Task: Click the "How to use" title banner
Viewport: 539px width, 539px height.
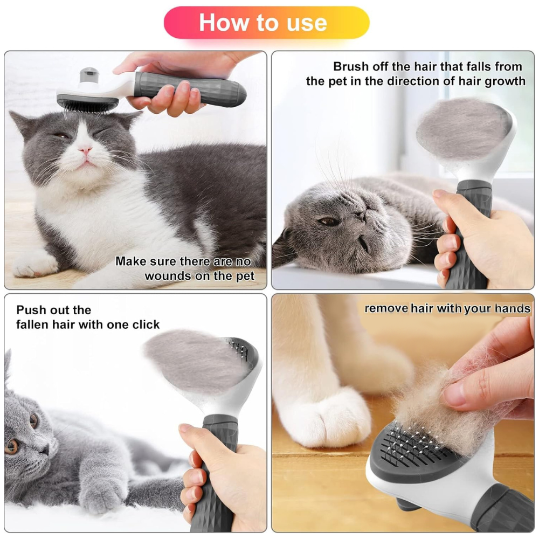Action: pos(266,23)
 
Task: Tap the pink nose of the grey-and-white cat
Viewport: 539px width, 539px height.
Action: pos(85,149)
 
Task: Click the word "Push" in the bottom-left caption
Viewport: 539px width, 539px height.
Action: pos(30,310)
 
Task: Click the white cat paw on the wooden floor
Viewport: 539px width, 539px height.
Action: pos(327,418)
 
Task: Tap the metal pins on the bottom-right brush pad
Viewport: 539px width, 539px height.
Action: pos(412,442)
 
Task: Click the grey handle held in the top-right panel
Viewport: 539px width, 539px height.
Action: pos(469,234)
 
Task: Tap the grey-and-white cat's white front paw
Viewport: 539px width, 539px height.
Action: pos(34,264)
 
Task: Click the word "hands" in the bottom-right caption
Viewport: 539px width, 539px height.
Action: pos(513,308)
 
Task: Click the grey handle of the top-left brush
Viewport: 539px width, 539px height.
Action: pos(190,89)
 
